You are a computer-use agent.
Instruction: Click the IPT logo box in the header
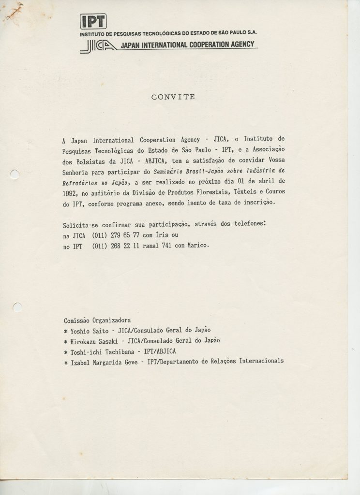tap(93, 22)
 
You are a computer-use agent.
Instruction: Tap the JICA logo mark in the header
tap(98, 45)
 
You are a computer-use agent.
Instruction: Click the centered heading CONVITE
tap(173, 97)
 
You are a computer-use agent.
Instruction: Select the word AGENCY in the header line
tap(240, 45)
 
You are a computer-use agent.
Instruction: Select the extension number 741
tap(177, 246)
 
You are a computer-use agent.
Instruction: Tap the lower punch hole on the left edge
tap(16, 306)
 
